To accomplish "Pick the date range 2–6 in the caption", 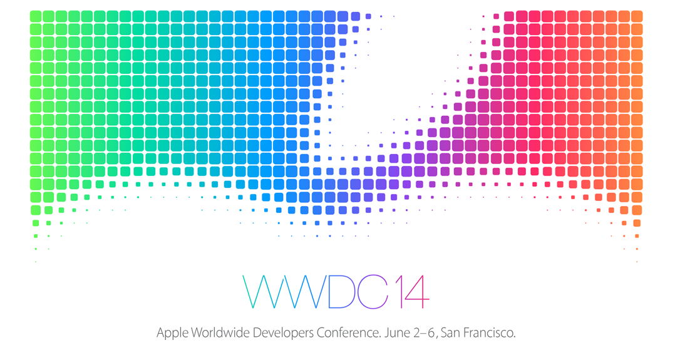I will [x=425, y=332].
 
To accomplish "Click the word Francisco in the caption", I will [x=489, y=332].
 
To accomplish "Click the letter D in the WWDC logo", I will [x=343, y=292].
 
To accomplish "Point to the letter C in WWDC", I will [x=376, y=292].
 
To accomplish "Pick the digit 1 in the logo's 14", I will [x=399, y=292].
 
